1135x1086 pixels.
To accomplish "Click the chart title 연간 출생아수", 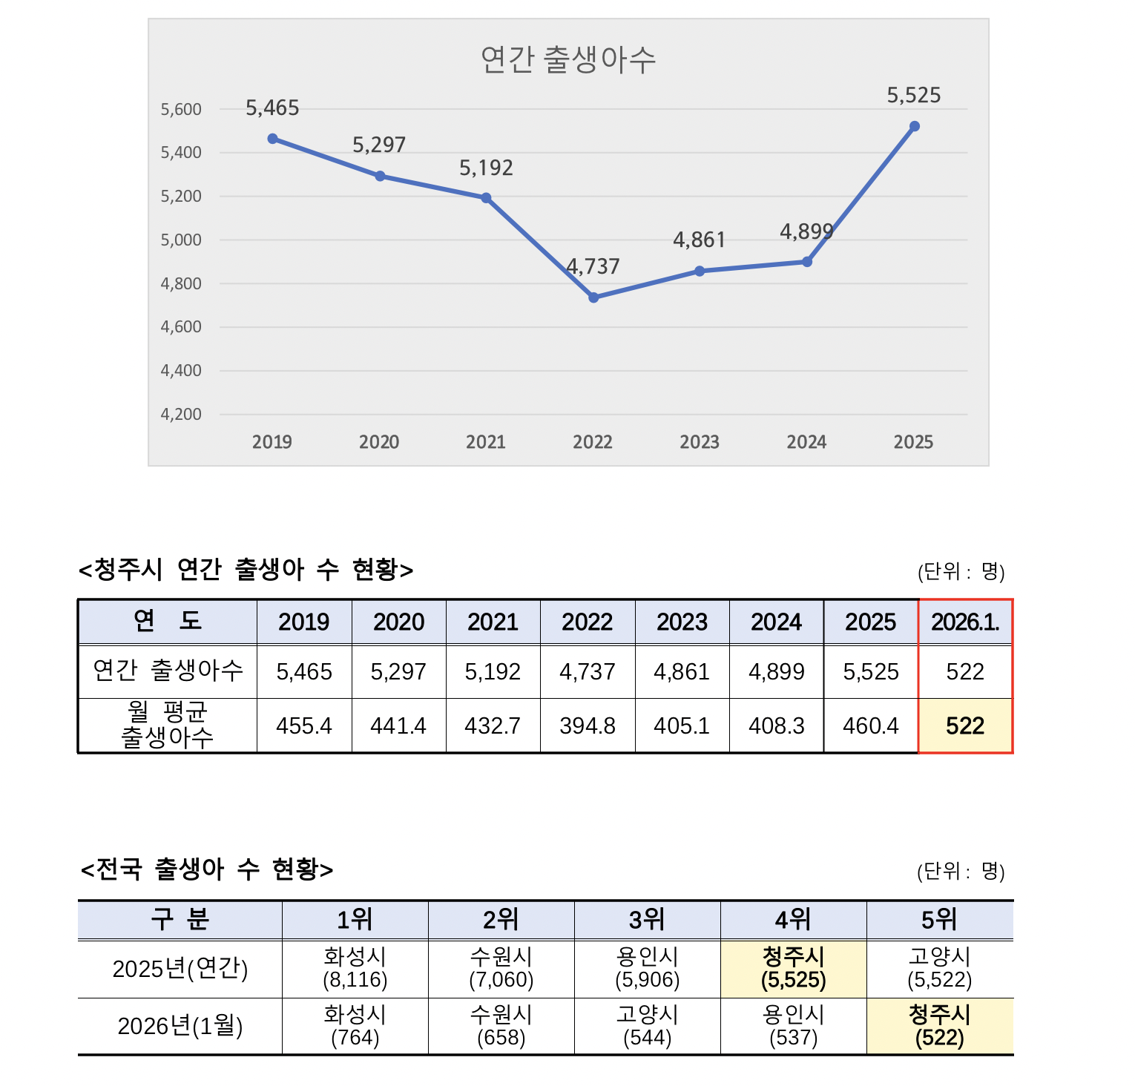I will click(x=568, y=60).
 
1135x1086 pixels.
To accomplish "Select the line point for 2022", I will click(x=593, y=297).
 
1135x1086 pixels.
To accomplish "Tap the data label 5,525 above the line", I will click(x=914, y=96).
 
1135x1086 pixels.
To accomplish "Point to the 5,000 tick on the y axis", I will click(x=181, y=240).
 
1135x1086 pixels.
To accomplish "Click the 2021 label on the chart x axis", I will click(x=486, y=443).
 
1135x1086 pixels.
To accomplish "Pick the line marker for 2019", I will click(x=273, y=139).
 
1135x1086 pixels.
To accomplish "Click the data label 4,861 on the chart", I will click(x=699, y=240).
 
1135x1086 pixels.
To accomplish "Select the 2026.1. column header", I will click(x=965, y=622).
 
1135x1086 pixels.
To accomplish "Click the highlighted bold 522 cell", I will click(x=965, y=725).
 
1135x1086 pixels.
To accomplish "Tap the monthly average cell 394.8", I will click(x=588, y=725).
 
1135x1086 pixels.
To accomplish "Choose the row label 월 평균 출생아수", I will click(x=168, y=725).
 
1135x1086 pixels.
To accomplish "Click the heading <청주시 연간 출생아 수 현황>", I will click(x=246, y=570).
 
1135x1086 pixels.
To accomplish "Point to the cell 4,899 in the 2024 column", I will click(x=777, y=672).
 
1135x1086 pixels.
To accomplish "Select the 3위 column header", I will click(x=647, y=921).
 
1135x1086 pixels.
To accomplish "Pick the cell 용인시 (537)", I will click(x=793, y=1026).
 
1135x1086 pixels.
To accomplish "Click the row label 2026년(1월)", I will click(x=180, y=1026).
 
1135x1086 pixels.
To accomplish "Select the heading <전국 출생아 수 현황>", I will click(x=207, y=869).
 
